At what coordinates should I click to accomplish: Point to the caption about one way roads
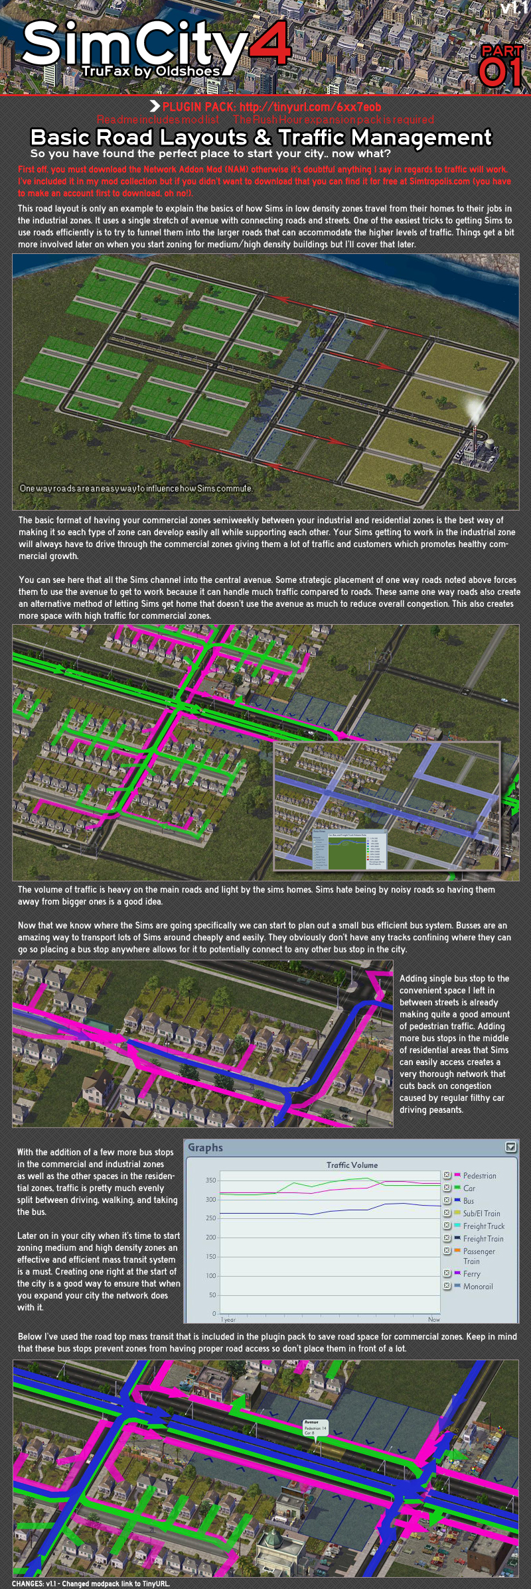136,488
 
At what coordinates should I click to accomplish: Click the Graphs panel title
205,1148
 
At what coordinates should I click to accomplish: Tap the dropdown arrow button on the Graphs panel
510,1147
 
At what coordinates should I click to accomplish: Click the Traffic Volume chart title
352,1165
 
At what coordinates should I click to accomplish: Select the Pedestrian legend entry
479,1176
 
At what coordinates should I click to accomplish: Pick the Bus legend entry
469,1200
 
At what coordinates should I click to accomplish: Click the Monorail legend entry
478,1287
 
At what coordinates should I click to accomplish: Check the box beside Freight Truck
447,1226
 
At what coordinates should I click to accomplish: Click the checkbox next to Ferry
447,1273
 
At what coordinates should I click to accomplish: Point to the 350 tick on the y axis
210,1180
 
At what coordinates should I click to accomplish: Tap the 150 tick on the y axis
210,1256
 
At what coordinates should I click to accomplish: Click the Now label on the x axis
433,1319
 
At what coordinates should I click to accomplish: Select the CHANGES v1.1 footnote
91,1584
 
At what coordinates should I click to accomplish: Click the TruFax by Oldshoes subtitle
151,71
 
